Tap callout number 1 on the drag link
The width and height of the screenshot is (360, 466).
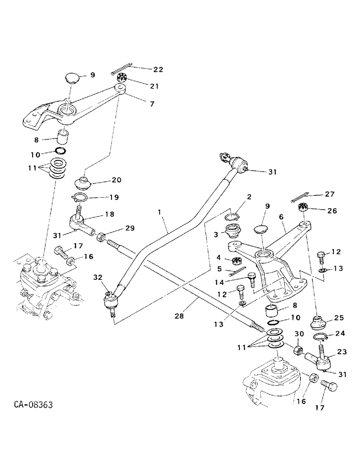click(159, 212)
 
